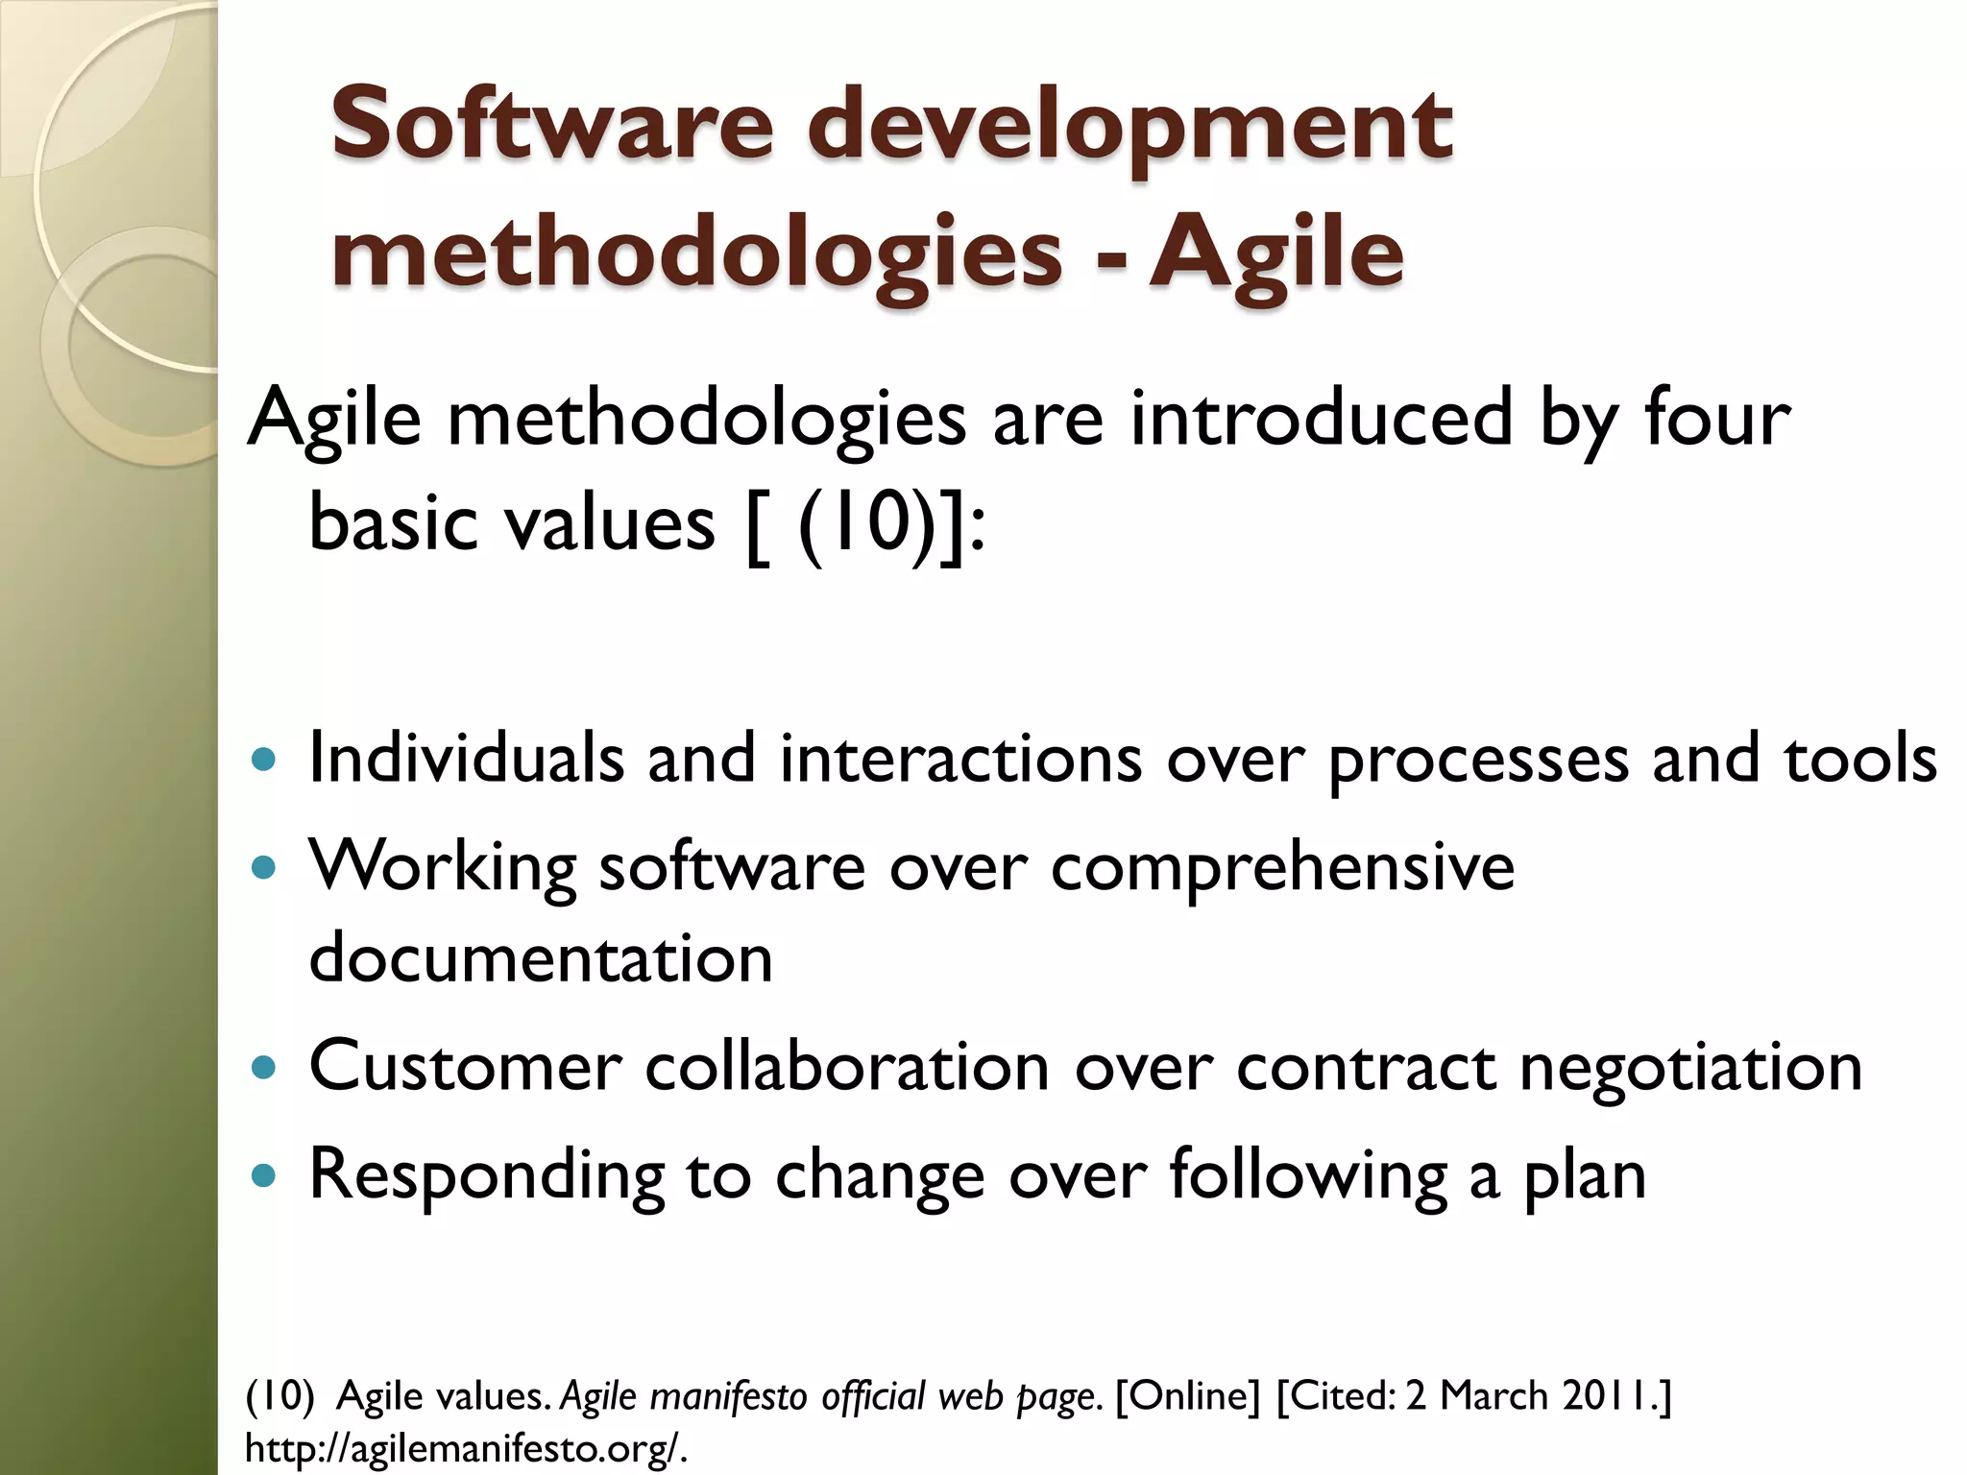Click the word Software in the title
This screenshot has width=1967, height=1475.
point(551,125)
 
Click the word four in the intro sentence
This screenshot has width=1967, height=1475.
point(1716,418)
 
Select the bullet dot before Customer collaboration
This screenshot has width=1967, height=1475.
point(262,1068)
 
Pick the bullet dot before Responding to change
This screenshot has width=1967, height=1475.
point(262,1175)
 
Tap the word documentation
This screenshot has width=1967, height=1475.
point(541,957)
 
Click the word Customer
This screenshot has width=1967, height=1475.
point(465,1067)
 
